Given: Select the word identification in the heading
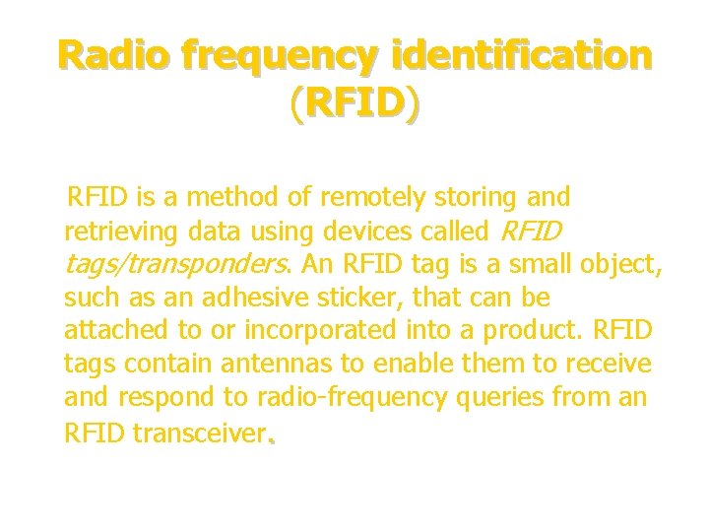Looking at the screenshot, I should (520, 55).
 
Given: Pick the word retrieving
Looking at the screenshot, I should (118, 232).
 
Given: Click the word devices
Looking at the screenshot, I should (341, 232).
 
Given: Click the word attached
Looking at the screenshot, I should (110, 331).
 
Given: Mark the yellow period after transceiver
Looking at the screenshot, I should (270, 439).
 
